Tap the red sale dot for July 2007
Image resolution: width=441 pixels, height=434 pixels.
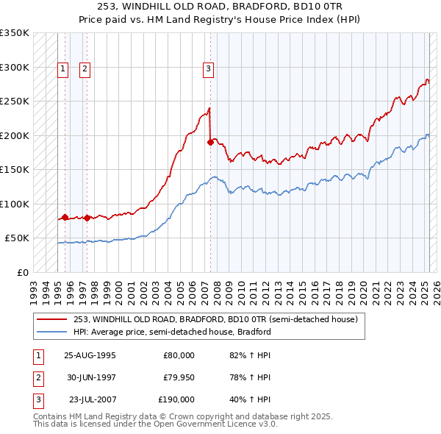(x=210, y=142)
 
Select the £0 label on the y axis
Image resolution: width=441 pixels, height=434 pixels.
(x=22, y=272)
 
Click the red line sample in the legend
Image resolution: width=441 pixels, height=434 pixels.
(x=51, y=319)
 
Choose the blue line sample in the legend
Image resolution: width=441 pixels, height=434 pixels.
(x=51, y=332)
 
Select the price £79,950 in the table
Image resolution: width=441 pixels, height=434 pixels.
(x=179, y=377)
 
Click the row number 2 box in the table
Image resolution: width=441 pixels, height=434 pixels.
(x=37, y=377)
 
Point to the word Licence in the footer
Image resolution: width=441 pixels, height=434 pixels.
(x=223, y=424)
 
